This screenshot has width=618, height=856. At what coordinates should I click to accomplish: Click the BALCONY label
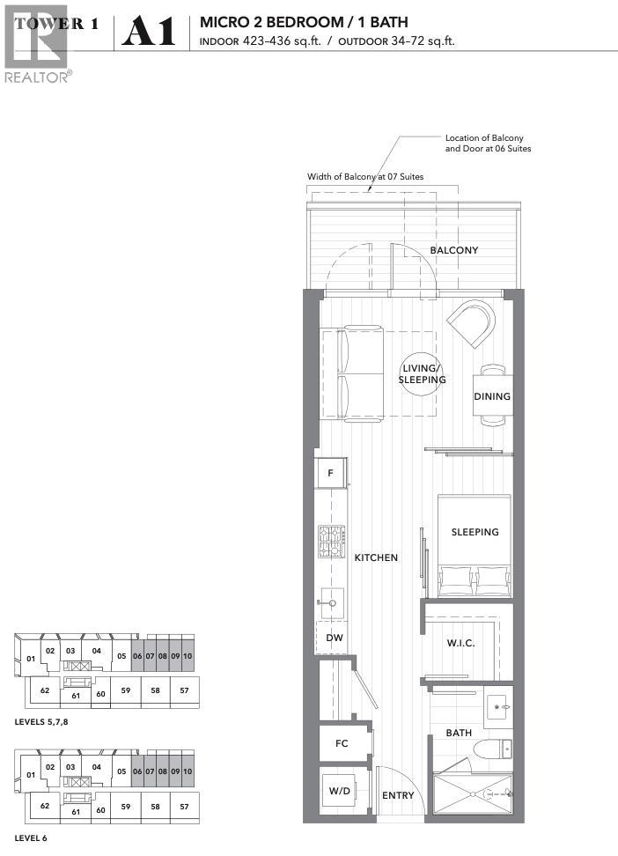pos(453,250)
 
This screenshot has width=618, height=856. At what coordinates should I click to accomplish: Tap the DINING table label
pos(492,396)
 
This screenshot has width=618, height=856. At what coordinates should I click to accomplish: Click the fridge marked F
pos(331,473)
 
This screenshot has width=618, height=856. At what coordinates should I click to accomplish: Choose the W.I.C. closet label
pos(461,643)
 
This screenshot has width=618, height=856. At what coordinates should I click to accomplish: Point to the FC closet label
pos(342,743)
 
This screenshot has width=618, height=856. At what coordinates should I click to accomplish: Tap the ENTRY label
pos(398,795)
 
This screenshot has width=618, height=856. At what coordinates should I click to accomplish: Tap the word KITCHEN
pos(376,557)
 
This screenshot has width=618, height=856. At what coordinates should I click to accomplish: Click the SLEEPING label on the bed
pos(475,532)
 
